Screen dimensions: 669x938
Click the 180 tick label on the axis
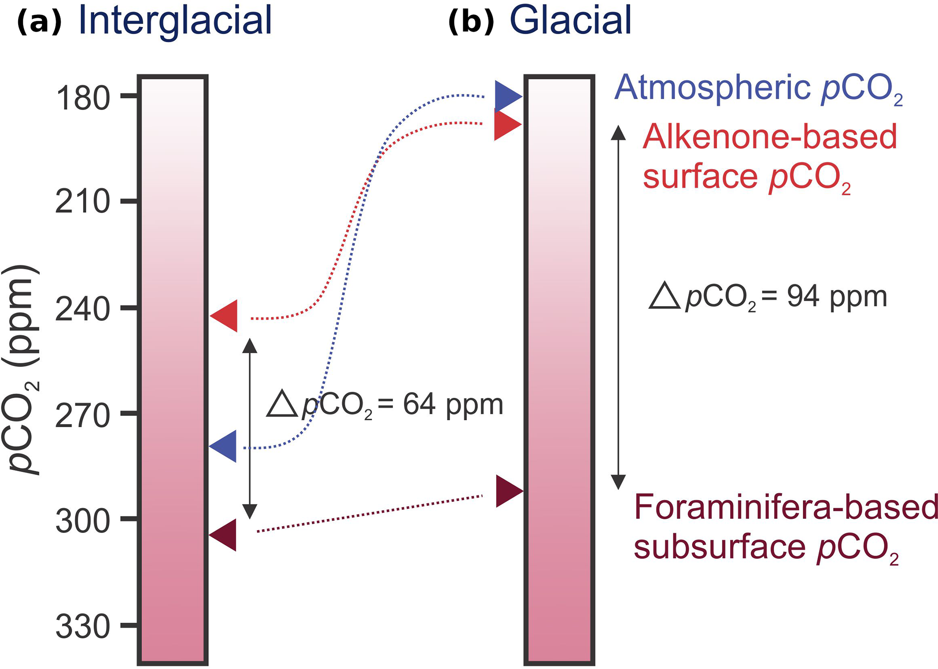pyautogui.click(x=83, y=98)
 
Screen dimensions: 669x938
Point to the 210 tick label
pyautogui.click(x=83, y=202)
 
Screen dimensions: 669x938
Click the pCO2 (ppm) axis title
pyautogui.click(x=22, y=370)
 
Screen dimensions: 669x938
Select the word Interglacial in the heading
pyautogui.click(x=175, y=20)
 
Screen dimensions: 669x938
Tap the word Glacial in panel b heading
pyautogui.click(x=570, y=20)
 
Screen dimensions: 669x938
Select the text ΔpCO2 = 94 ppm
pyautogui.click(x=768, y=297)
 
